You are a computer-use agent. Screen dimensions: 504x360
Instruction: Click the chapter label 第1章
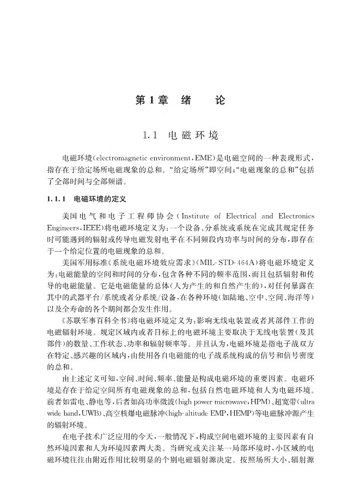pyautogui.click(x=151, y=101)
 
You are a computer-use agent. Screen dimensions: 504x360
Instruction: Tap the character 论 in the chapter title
pyautogui.click(x=219, y=101)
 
